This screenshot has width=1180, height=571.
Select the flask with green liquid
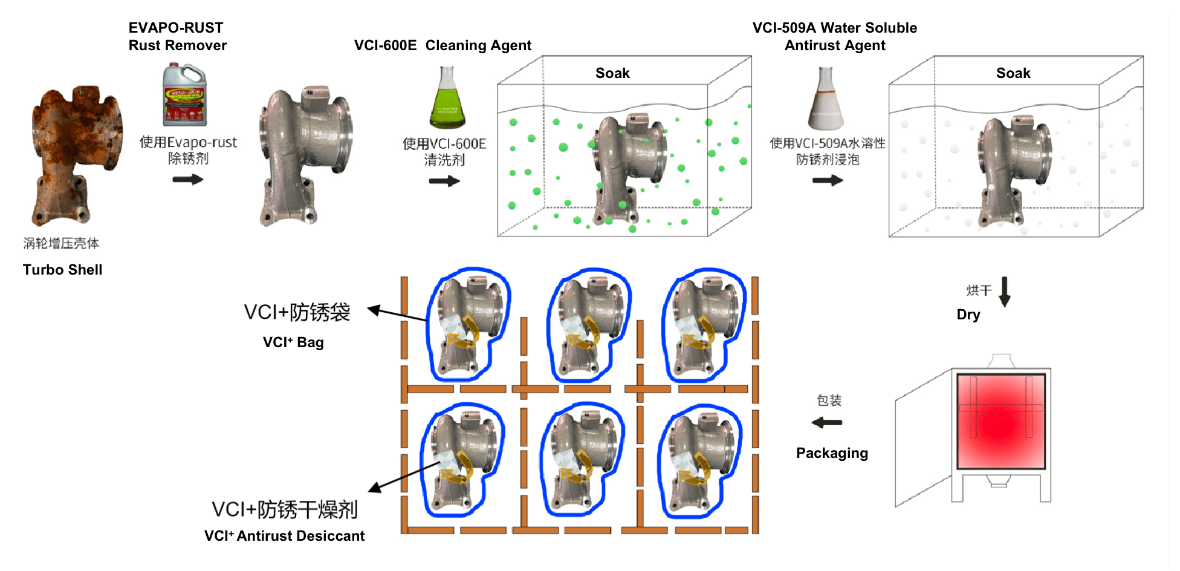pos(447,100)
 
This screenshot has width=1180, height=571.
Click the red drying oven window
pos(1001,421)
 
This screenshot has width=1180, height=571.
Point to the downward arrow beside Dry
pos(1005,292)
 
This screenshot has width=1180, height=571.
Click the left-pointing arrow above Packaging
pos(827,422)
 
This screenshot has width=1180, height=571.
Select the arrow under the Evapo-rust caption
pos(188,180)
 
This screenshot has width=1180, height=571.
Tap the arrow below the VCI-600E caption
pos(444,181)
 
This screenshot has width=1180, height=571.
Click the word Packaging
pos(832,453)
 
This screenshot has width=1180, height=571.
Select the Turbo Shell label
pos(62,270)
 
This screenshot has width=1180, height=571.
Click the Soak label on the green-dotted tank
pos(612,73)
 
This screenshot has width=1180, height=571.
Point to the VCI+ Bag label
pos(293,342)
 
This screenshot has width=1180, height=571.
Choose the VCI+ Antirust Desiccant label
pos(284,536)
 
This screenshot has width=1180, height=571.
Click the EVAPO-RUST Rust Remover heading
pos(177,36)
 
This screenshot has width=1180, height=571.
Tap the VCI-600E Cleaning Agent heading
pos(442,45)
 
